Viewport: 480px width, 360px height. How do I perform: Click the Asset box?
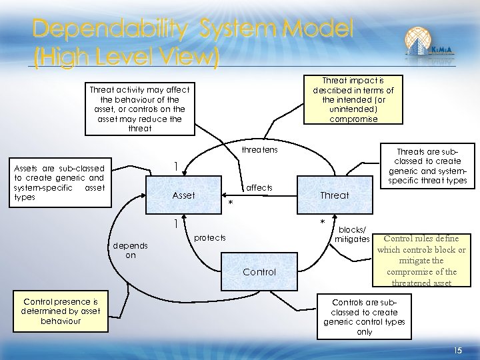tap(183, 195)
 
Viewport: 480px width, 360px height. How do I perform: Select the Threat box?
tap(334, 195)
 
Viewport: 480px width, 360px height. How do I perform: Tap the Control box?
tap(259, 272)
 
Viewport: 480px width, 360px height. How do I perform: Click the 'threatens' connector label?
tap(259, 151)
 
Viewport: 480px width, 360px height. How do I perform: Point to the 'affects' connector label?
tap(260, 188)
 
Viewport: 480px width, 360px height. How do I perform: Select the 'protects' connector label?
tap(209, 238)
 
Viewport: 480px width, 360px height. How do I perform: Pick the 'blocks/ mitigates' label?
tap(353, 235)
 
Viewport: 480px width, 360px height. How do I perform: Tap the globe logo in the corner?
tap(428, 43)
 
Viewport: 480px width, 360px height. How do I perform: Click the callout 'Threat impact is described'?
tap(353, 99)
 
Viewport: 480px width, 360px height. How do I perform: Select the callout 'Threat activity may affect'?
tap(139, 109)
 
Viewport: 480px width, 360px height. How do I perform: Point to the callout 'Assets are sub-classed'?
tap(59, 183)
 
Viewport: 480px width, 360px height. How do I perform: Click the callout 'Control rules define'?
tap(421, 260)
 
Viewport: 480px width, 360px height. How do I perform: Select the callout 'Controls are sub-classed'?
tap(365, 317)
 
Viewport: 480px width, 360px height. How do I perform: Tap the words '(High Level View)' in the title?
tap(126, 59)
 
